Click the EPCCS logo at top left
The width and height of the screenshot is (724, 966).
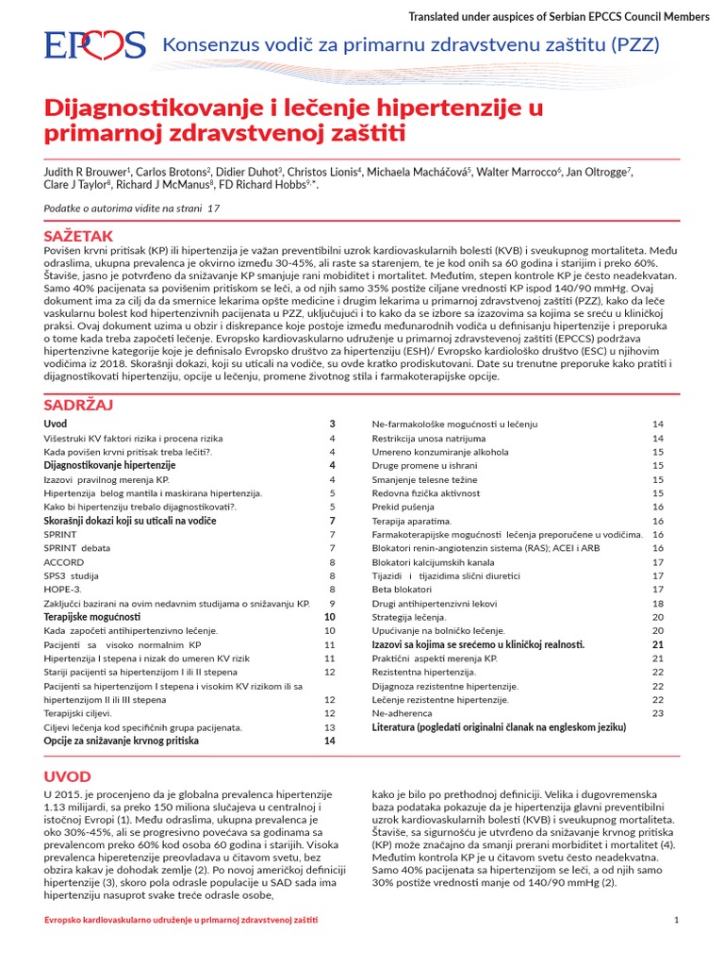tap(94, 44)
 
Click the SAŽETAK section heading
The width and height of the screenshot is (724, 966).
tap(78, 234)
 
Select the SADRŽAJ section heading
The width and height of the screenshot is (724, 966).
tap(78, 405)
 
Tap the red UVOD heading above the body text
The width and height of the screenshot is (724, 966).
tap(67, 776)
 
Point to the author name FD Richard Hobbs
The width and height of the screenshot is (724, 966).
tap(278, 187)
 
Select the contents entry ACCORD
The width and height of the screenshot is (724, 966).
tap(64, 561)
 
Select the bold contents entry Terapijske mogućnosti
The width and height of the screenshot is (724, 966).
tap(92, 616)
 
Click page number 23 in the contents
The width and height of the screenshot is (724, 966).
tap(658, 713)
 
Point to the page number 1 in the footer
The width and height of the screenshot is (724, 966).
tap(677, 920)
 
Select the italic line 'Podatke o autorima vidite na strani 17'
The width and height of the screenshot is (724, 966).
tap(131, 207)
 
